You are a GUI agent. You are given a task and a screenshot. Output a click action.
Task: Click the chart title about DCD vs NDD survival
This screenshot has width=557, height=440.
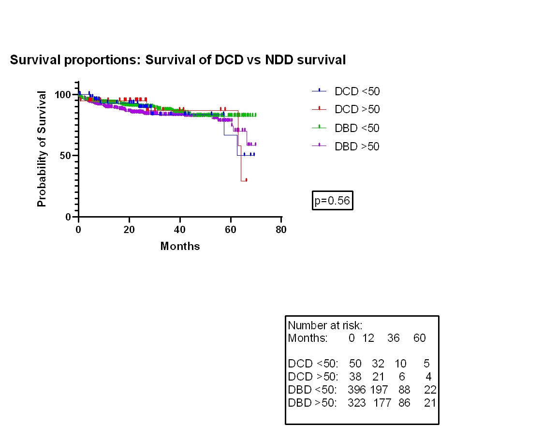pyautogui.click(x=177, y=60)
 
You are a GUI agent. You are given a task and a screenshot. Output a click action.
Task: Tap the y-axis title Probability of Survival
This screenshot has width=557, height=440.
pyautogui.click(x=42, y=149)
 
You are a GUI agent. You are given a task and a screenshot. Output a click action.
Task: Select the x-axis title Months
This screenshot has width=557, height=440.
pyautogui.click(x=180, y=246)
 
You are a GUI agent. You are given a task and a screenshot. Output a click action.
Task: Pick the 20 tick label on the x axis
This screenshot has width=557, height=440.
pyautogui.click(x=129, y=229)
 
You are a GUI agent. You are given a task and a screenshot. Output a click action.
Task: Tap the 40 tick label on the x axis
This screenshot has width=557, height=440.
pyautogui.click(x=180, y=229)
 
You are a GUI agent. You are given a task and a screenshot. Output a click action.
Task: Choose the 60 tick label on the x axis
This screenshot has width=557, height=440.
pyautogui.click(x=231, y=229)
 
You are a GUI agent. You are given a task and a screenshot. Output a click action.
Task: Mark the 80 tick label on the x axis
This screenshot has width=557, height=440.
pyautogui.click(x=281, y=229)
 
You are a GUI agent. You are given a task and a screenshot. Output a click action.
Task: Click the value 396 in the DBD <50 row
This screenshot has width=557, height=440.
pyautogui.click(x=357, y=389)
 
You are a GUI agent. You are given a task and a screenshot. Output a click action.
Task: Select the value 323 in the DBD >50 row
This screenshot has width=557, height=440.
pyautogui.click(x=357, y=402)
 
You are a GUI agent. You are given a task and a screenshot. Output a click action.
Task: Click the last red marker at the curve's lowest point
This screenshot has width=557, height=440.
pyautogui.click(x=246, y=180)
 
